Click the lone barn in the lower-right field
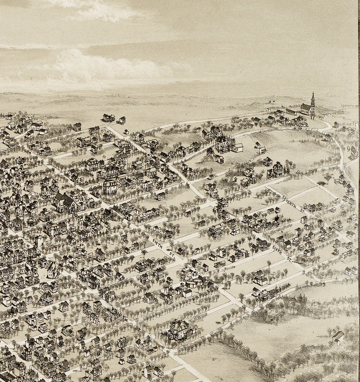[x=338, y=336]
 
